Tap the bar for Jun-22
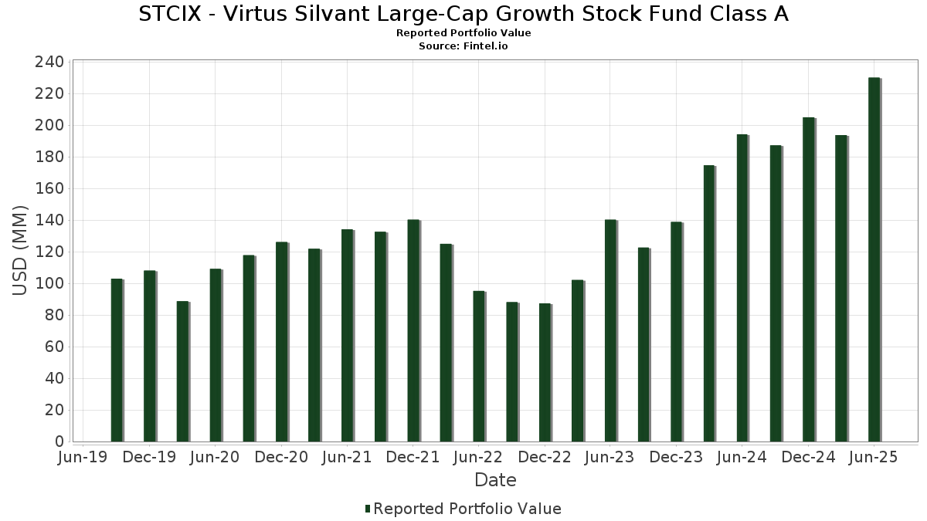[x=479, y=366]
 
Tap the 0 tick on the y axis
[x=59, y=441]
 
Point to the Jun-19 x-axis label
[x=83, y=458]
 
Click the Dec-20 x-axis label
[x=281, y=458]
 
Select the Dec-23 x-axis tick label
[x=676, y=458]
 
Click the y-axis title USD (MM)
[x=20, y=250]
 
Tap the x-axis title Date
[x=495, y=480]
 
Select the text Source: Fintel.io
[x=463, y=46]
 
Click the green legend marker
[x=368, y=509]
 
